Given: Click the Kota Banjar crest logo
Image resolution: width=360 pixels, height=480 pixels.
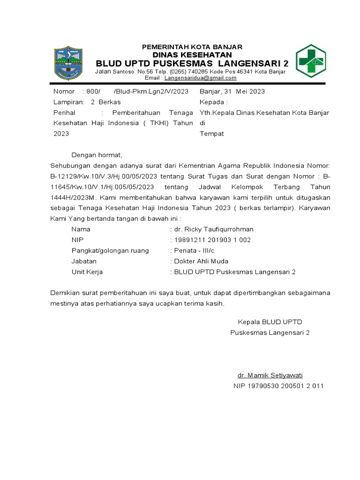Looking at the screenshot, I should click(68, 62).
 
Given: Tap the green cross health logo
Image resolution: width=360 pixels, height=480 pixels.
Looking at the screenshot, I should click(310, 61).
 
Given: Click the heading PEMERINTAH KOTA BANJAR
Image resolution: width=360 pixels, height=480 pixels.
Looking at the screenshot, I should click(192, 47).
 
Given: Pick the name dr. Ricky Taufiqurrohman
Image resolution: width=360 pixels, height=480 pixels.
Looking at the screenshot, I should click(213, 229).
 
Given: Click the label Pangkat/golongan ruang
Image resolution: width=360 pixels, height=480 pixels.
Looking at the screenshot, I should click(110, 250).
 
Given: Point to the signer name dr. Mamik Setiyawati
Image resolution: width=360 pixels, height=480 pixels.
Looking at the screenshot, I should click(270, 375).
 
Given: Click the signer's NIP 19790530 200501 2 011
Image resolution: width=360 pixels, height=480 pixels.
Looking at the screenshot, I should click(278, 386).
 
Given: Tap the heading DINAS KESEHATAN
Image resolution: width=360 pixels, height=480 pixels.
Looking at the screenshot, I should click(192, 54).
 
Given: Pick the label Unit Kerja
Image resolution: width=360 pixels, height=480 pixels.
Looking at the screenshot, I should click(87, 272).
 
